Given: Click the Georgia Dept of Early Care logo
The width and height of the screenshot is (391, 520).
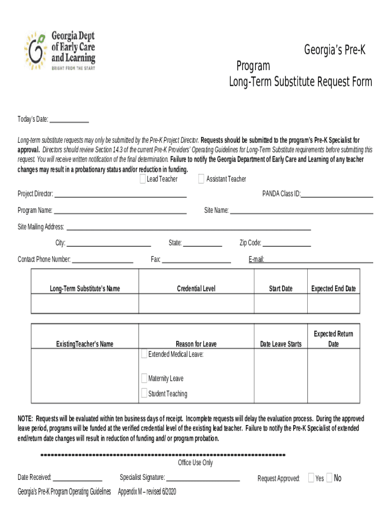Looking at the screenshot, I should click(59, 51).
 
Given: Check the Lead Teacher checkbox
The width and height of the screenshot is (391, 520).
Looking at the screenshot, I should click(143, 179).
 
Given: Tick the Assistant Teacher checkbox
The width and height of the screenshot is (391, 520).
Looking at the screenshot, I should click(202, 179).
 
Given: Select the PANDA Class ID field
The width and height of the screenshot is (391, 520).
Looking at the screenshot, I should click(337, 194).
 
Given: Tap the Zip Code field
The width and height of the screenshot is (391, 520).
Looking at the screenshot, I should click(286, 243).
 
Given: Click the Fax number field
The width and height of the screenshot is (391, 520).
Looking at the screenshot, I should click(196, 260).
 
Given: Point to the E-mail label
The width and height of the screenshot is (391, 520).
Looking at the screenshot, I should click(256, 259).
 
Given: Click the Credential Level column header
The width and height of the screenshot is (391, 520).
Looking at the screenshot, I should click(196, 288).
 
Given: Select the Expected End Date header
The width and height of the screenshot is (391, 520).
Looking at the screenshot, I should click(333, 288).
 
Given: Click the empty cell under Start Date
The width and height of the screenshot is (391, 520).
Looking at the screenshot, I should click(280, 304).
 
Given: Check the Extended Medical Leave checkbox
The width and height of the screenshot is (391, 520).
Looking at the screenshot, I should click(145, 353).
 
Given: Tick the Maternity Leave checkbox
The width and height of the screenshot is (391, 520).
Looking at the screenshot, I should click(145, 378).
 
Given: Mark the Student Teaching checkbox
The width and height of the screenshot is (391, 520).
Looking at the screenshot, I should click(145, 393).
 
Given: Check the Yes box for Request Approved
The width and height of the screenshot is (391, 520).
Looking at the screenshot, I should click(312, 478).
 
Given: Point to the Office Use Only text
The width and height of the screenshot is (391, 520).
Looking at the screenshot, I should click(195, 463).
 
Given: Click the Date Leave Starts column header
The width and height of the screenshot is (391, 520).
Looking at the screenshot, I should click(280, 344).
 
